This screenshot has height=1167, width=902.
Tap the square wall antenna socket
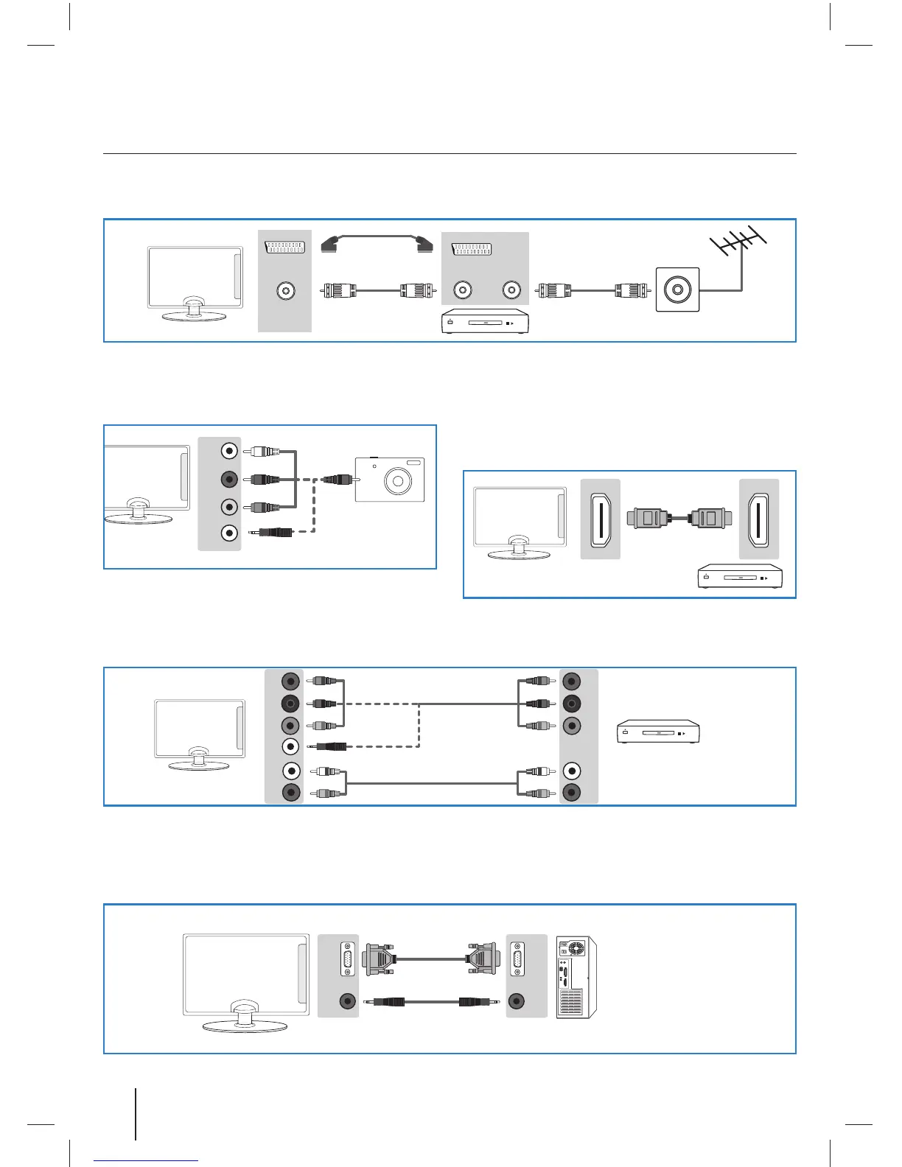tap(677, 290)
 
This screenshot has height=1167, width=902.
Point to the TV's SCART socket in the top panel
tap(284, 247)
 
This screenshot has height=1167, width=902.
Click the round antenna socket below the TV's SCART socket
tap(285, 291)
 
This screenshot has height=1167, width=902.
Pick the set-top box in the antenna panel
tap(485, 322)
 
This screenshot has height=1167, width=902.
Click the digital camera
tap(390, 480)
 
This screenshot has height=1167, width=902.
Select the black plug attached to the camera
tap(336, 480)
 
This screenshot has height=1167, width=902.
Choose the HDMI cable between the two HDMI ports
tap(679, 517)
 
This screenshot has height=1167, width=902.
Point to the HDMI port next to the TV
tap(601, 519)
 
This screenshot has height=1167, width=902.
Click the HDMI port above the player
tap(758, 519)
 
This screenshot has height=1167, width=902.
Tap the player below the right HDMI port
tap(740, 577)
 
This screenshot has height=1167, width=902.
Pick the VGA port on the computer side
tap(517, 959)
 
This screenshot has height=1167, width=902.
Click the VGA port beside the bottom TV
tap(347, 959)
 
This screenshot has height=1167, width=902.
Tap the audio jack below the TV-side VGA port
tap(346, 1001)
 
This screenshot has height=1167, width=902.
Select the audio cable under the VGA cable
tap(431, 1002)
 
